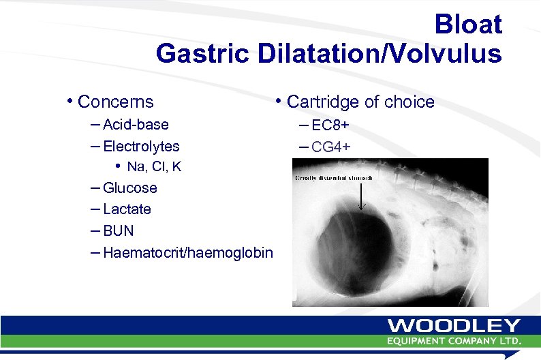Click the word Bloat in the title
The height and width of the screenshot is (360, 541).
click(x=468, y=25)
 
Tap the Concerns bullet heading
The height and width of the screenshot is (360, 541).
click(x=116, y=102)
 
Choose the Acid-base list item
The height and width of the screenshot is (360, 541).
click(x=136, y=125)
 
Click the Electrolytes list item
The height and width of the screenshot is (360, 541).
click(x=141, y=146)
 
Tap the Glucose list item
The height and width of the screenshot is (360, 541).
click(x=129, y=188)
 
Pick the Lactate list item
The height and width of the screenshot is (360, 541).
click(x=127, y=209)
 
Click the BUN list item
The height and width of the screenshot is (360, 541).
click(x=119, y=230)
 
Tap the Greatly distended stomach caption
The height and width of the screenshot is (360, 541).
click(x=335, y=179)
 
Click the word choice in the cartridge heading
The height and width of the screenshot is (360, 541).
click(x=409, y=102)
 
